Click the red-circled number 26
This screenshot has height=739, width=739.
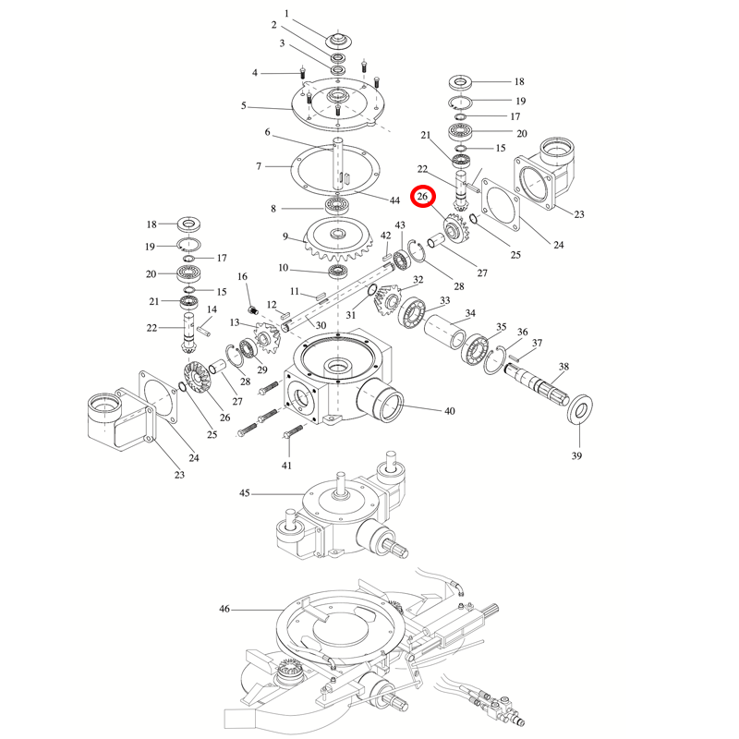coord(424,197)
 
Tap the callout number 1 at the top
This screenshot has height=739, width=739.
coord(286,13)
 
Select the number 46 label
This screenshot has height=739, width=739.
coord(224,610)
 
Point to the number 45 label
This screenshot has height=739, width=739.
coord(245,494)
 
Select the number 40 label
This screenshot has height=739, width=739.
coord(450,410)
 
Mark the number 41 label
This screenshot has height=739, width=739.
coord(286,465)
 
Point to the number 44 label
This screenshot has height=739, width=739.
coord(394,200)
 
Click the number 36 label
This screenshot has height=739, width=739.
coord(523,333)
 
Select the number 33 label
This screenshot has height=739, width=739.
coord(445,300)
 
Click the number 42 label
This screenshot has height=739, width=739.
coord(386,236)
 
